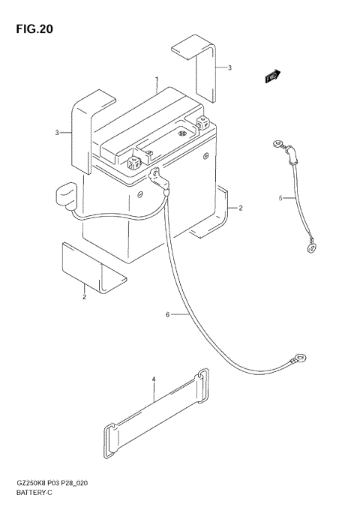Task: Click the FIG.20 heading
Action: (x=31, y=29)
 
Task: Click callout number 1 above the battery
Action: (x=156, y=79)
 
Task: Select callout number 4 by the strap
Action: (x=153, y=381)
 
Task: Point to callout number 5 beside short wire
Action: (x=280, y=199)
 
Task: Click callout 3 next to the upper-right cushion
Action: (x=229, y=67)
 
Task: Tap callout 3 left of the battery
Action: (x=57, y=133)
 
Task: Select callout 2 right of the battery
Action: (x=240, y=207)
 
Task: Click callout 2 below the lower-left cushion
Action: (x=84, y=297)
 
